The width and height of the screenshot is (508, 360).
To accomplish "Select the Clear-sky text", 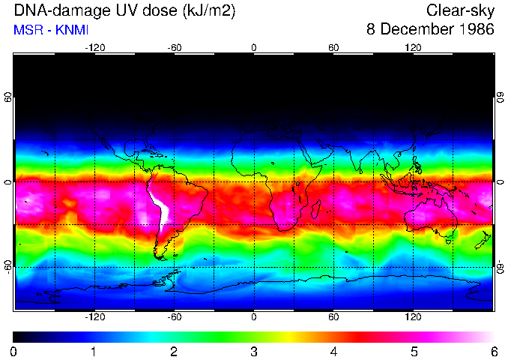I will click(460, 10).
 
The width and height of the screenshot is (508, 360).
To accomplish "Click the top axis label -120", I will click(95, 47).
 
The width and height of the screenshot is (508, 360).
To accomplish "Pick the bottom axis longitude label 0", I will click(254, 317).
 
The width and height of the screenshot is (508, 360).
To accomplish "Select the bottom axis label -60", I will click(175, 317).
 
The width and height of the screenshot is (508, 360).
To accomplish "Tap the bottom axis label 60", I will click(333, 317).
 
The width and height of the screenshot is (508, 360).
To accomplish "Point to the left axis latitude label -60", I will click(8, 266).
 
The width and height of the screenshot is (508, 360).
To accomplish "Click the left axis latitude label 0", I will click(8, 182).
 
